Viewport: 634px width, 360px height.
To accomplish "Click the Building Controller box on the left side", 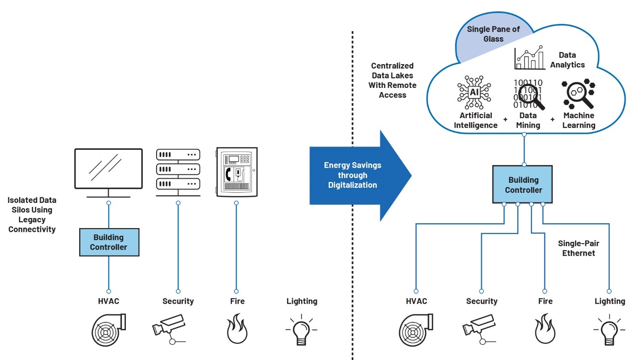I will pos(108,242).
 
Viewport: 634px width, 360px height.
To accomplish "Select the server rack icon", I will pos(178,170).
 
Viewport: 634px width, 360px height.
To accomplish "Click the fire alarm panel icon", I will pos(236,172).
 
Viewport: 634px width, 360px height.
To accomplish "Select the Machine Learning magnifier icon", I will pos(578,95).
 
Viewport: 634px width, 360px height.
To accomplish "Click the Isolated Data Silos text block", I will pos(32,215).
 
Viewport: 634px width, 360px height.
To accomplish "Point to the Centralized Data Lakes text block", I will pos(392,80).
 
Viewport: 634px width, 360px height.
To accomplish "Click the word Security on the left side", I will pos(178,301).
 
